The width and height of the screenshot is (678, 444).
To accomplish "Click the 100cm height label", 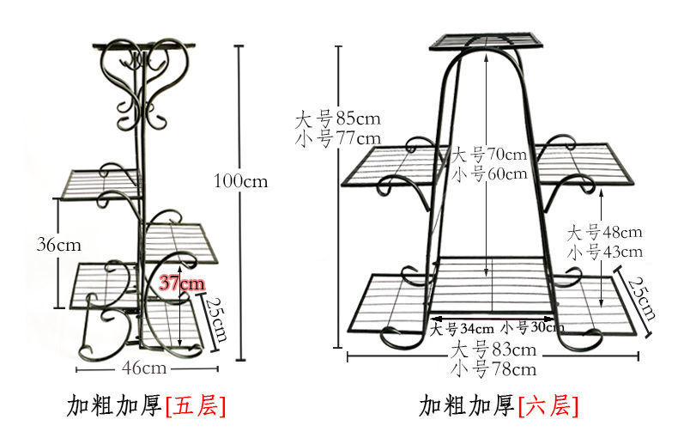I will click(x=241, y=181).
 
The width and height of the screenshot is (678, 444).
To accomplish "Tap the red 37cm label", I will click(x=181, y=283).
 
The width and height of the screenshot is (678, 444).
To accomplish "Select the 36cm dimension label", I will click(x=59, y=244).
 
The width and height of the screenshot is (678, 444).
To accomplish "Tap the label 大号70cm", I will click(x=490, y=155).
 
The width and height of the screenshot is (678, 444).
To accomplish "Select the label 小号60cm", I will click(x=490, y=174).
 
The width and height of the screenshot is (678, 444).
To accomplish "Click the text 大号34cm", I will click(x=462, y=328).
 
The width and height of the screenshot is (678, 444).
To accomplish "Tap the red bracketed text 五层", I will click(x=197, y=405).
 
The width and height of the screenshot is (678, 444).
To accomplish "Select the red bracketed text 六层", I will click(x=548, y=405).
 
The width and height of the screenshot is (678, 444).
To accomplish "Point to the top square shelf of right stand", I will click(x=487, y=40).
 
